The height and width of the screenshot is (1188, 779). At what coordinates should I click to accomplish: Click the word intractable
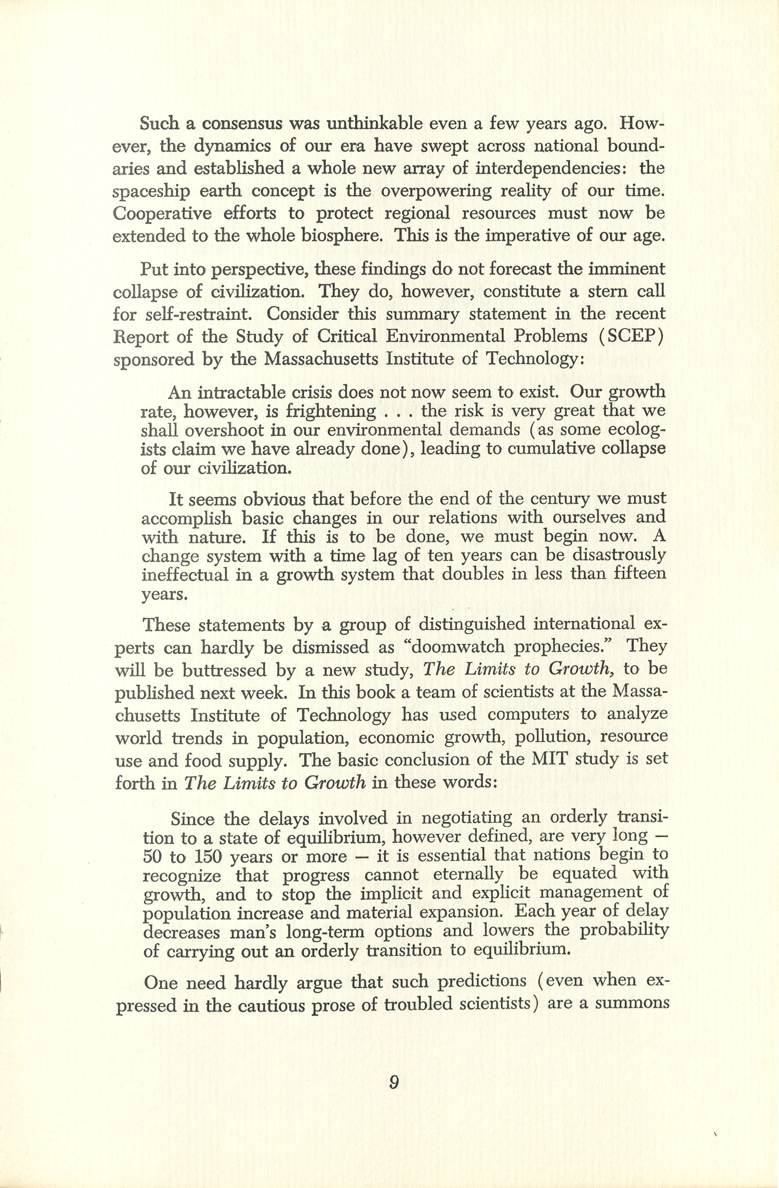click(247, 392)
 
